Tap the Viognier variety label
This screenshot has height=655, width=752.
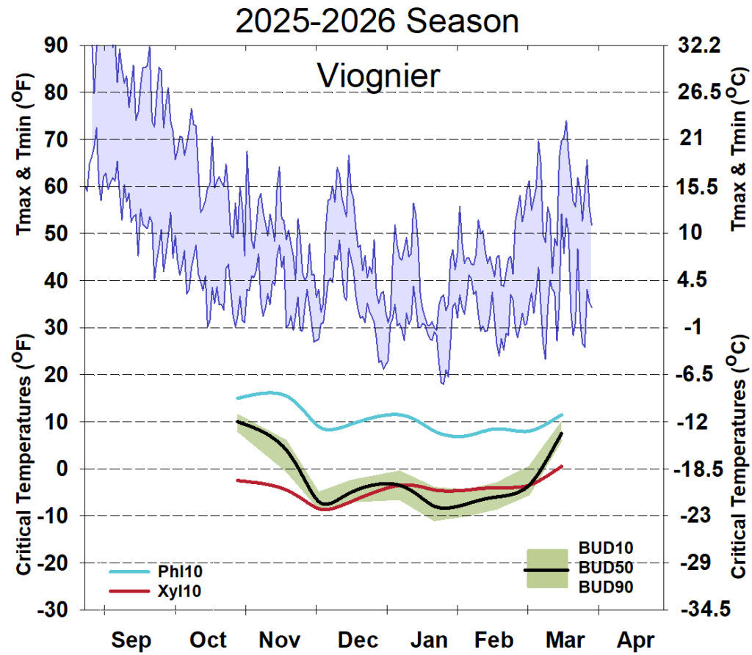click(378, 76)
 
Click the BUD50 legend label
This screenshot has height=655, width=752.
click(606, 568)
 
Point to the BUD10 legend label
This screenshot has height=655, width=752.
click(606, 548)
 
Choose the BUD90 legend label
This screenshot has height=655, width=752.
click(606, 587)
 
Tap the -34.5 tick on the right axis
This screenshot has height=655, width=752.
click(700, 610)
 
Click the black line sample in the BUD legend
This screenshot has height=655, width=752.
click(546, 570)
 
